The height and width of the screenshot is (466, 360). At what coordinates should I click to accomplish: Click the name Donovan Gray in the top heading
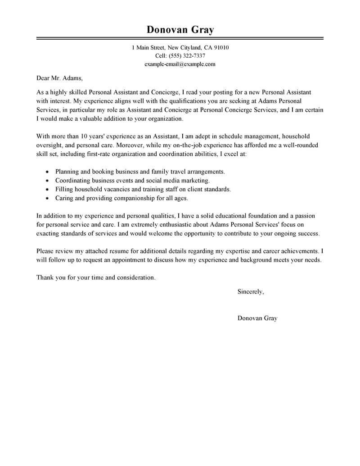click(180, 30)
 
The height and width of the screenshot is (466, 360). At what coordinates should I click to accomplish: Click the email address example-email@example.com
click(180, 64)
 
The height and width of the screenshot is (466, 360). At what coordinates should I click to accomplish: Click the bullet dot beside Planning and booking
click(47, 172)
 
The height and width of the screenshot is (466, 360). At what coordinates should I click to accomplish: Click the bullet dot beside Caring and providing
click(47, 198)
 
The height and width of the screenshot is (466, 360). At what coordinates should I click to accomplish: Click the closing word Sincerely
click(250, 292)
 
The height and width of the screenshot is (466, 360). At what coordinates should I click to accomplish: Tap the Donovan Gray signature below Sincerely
click(257, 318)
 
